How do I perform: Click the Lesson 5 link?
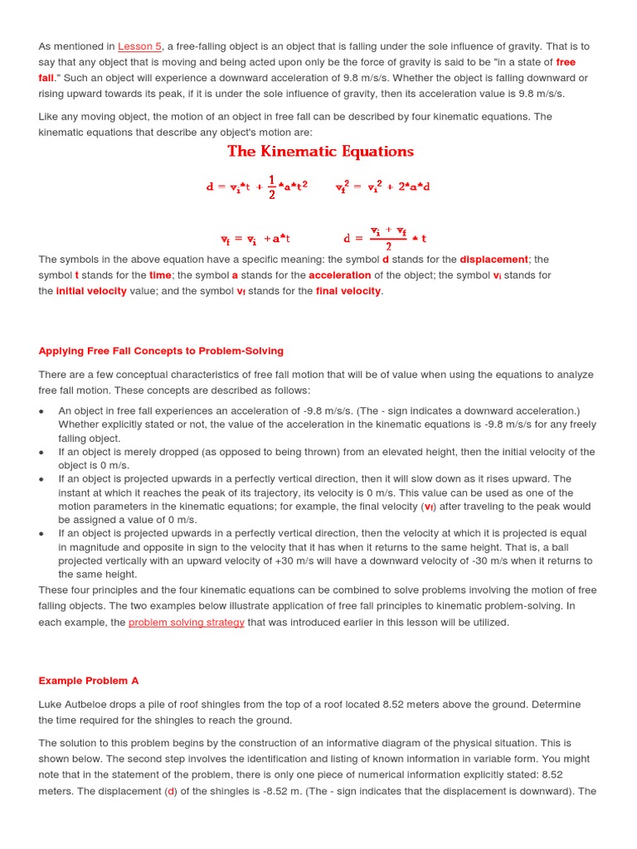point(139,46)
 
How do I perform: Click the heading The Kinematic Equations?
point(320,151)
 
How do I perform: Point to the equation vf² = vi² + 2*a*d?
point(382,187)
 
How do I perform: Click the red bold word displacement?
point(494,260)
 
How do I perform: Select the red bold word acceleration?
point(339,275)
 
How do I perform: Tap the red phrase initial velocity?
point(91,291)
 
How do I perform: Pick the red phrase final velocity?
point(348,291)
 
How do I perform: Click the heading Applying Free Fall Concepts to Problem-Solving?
point(161,351)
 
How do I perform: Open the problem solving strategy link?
point(186,622)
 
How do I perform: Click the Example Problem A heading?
point(89,681)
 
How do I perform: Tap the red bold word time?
point(160,275)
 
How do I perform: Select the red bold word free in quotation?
point(566,62)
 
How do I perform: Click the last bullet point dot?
point(42,535)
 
